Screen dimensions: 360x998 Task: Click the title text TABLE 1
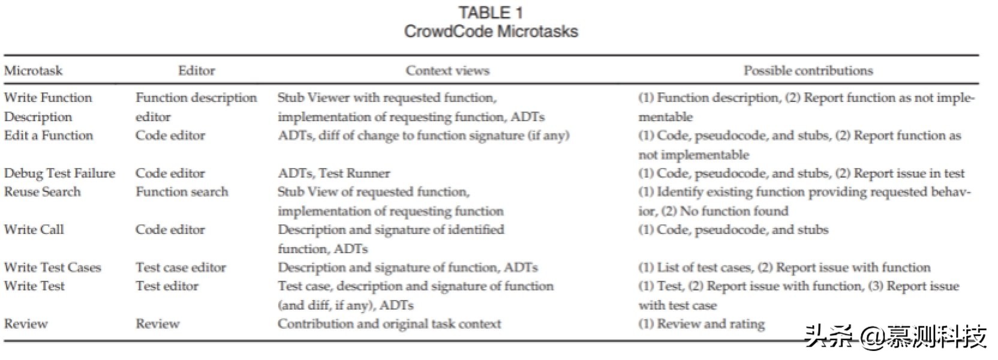coord(491,12)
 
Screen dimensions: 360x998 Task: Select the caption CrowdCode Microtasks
coord(491,31)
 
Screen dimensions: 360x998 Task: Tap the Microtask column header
coord(33,71)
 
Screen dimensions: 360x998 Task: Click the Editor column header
coord(196,71)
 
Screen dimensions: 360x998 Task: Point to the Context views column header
coord(447,71)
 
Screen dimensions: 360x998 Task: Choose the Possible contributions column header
coord(808,71)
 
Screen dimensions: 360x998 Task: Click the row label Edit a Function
coord(48,136)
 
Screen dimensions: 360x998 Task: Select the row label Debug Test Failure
coord(59,173)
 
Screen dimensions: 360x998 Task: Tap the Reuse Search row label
coord(42,192)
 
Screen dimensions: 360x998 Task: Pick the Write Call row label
coord(34,230)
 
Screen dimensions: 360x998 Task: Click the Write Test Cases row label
coord(52,268)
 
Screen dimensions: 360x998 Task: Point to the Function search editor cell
coord(182,192)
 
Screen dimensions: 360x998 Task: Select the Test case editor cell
coord(181,268)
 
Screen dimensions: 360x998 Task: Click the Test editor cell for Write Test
coord(167,286)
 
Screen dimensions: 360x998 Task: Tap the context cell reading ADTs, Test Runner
coord(333,173)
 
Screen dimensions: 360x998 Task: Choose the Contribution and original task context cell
coord(389,324)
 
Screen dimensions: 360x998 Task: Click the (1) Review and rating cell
coord(701,324)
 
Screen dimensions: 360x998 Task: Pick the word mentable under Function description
coord(665,117)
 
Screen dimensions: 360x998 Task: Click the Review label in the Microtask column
coord(26,324)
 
